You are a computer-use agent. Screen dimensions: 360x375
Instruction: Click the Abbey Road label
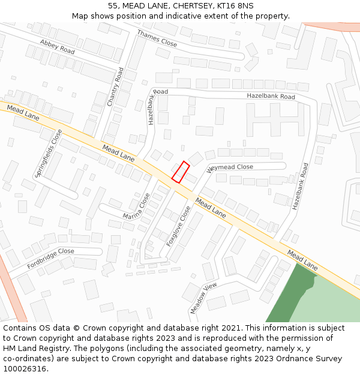coord(58,47)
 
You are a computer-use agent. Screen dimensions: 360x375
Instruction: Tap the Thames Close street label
coord(157,38)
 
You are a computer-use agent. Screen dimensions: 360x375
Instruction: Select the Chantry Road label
coord(115,87)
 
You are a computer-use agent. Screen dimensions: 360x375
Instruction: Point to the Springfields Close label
coord(49,153)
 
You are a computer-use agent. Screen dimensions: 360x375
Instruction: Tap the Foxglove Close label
coord(179,224)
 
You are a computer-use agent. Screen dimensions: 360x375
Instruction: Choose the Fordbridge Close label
coord(50,258)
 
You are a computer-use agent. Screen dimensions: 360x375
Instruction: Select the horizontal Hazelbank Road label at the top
coord(271,97)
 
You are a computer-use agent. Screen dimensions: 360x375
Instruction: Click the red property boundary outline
coord(181,172)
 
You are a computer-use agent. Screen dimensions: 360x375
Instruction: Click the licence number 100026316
coord(24,368)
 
